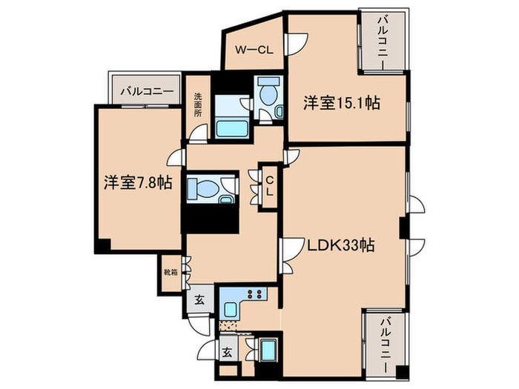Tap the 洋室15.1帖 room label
[x=341, y=103]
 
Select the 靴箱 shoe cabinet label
[x=171, y=272]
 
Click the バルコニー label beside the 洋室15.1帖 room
[x=383, y=41]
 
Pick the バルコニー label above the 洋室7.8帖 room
[x=147, y=92]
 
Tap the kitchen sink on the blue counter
[x=232, y=311]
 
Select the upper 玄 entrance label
[x=200, y=301]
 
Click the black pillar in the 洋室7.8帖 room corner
[x=101, y=247]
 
